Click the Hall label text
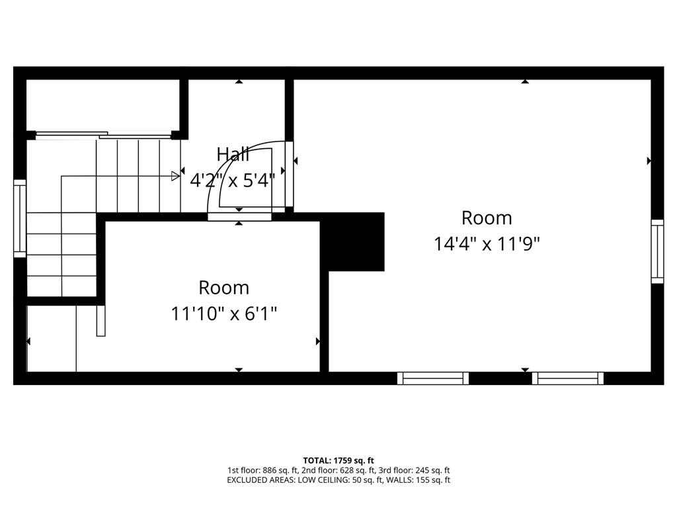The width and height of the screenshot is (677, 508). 233,155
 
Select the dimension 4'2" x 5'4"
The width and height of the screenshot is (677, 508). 232,180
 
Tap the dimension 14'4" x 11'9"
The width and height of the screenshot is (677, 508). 487,243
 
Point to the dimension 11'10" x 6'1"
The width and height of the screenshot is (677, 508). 223,314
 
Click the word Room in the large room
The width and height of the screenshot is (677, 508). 487,218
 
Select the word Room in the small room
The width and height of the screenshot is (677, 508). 223,288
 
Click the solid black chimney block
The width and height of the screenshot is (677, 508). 356,241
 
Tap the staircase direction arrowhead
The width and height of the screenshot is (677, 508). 176,176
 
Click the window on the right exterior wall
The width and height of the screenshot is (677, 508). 657,251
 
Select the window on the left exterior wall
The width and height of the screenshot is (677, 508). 20,218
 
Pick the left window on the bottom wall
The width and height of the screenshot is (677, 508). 433,378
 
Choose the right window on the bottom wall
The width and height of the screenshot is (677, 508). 568,378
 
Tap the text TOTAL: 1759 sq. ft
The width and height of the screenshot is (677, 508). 338,460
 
